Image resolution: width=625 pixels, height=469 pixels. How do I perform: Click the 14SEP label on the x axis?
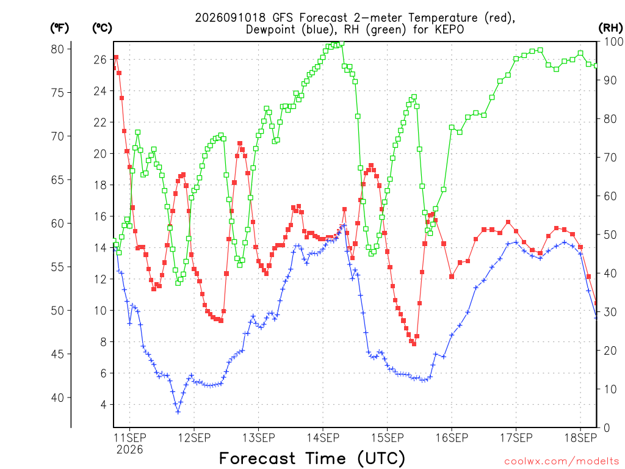coord(323,438)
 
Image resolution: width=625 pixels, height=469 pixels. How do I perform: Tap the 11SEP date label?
coord(130,438)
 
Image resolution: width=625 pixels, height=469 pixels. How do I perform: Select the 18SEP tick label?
coord(580,438)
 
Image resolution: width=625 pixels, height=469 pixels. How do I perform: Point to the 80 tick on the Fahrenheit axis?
coord(57,49)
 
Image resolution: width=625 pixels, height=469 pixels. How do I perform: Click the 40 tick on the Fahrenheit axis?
coord(57,398)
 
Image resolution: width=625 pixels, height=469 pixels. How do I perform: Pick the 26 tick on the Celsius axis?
coord(100,60)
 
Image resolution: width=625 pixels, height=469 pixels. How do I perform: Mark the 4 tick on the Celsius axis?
coord(104,405)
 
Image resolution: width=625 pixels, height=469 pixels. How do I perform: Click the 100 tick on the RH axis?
coord(613,42)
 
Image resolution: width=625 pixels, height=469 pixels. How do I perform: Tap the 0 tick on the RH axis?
coord(607,428)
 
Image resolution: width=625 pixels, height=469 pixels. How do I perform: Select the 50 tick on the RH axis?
coord(610,234)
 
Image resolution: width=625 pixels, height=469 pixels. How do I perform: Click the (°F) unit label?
coord(59,28)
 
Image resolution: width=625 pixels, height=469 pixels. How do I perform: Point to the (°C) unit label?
coord(102,28)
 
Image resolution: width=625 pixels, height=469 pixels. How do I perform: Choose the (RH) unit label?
coord(610,28)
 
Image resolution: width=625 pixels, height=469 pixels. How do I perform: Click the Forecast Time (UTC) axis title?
coord(312,458)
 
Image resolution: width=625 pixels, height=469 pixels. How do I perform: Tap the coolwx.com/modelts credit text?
coord(562,462)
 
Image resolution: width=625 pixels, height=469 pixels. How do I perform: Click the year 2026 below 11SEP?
coord(129,450)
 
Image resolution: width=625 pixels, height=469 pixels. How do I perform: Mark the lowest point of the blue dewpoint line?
coord(178,412)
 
